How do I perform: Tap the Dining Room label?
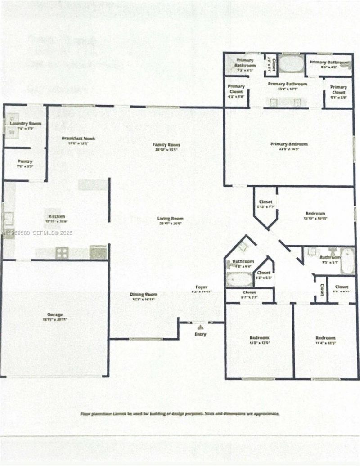(x=143, y=295)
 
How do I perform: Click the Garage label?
(x=55, y=314)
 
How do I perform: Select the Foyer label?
(x=200, y=287)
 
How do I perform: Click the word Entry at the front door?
(x=200, y=334)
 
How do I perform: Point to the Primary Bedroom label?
(x=289, y=144)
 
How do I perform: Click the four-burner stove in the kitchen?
(x=62, y=253)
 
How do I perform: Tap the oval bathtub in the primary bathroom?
(x=291, y=63)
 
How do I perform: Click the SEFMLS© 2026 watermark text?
(x=54, y=233)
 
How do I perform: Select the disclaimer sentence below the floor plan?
(x=180, y=413)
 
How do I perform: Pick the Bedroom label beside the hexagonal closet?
(x=315, y=214)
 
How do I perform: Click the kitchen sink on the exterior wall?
(x=8, y=220)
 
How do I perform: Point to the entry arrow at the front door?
(x=200, y=328)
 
